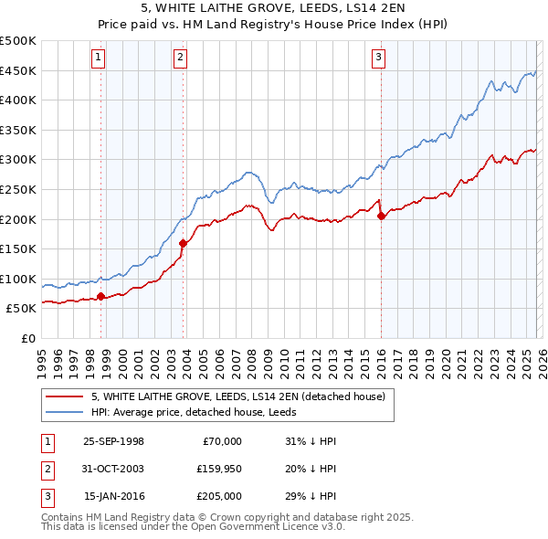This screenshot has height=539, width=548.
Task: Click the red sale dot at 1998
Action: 101,296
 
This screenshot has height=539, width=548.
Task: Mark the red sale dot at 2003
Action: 184,243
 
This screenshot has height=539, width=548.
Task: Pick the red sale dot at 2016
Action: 381,216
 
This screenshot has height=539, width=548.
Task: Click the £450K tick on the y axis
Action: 18,70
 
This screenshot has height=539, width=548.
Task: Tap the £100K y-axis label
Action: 18,279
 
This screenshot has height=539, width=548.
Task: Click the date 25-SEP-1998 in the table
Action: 113,441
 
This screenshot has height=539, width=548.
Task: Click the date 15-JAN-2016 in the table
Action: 113,496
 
